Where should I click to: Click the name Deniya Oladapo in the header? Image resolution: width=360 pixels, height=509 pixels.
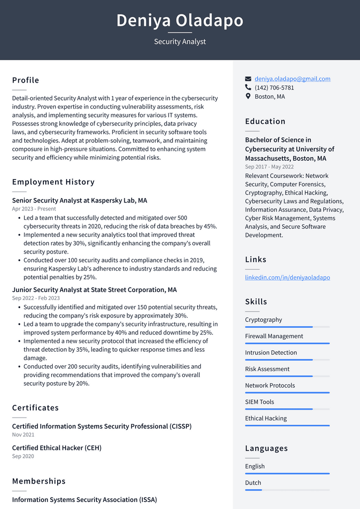pyautogui.click(x=180, y=20)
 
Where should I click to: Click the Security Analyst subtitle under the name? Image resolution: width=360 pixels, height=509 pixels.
pyautogui.click(x=180, y=42)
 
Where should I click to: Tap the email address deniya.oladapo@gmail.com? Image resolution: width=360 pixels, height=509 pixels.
pyautogui.click(x=292, y=79)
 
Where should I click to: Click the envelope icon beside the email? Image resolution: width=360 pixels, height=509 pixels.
pyautogui.click(x=248, y=79)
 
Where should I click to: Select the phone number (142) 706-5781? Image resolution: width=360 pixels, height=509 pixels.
pyautogui.click(x=274, y=88)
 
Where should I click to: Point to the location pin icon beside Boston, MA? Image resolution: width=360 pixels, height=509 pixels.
pyautogui.click(x=248, y=96)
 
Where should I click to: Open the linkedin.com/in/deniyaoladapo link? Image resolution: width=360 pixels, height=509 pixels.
pyautogui.click(x=287, y=277)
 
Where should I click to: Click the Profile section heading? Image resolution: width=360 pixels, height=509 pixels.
pyautogui.click(x=25, y=80)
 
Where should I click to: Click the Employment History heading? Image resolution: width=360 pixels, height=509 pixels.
pyautogui.click(x=53, y=182)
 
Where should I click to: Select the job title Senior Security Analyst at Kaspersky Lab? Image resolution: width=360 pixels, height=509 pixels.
pyautogui.click(x=80, y=201)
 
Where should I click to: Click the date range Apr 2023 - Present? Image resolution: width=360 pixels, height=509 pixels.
pyautogui.click(x=34, y=209)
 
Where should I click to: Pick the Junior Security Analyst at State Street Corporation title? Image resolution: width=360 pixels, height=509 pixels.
pyautogui.click(x=94, y=290)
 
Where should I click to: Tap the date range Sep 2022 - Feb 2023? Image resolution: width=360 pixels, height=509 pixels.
pyautogui.click(x=36, y=298)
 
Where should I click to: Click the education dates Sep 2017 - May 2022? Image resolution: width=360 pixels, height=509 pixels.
pyautogui.click(x=269, y=167)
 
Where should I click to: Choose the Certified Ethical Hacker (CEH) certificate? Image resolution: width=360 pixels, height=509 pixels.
pyautogui.click(x=57, y=448)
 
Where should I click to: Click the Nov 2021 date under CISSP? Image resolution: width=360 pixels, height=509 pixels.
pyautogui.click(x=23, y=435)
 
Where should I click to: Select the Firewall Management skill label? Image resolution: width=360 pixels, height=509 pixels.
pyautogui.click(x=274, y=336)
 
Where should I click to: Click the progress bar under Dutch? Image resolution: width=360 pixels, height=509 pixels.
pyautogui.click(x=287, y=490)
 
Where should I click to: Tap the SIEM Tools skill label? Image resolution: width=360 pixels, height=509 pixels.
pyautogui.click(x=259, y=402)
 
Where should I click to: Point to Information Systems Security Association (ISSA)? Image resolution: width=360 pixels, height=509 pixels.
pyautogui.click(x=85, y=500)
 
